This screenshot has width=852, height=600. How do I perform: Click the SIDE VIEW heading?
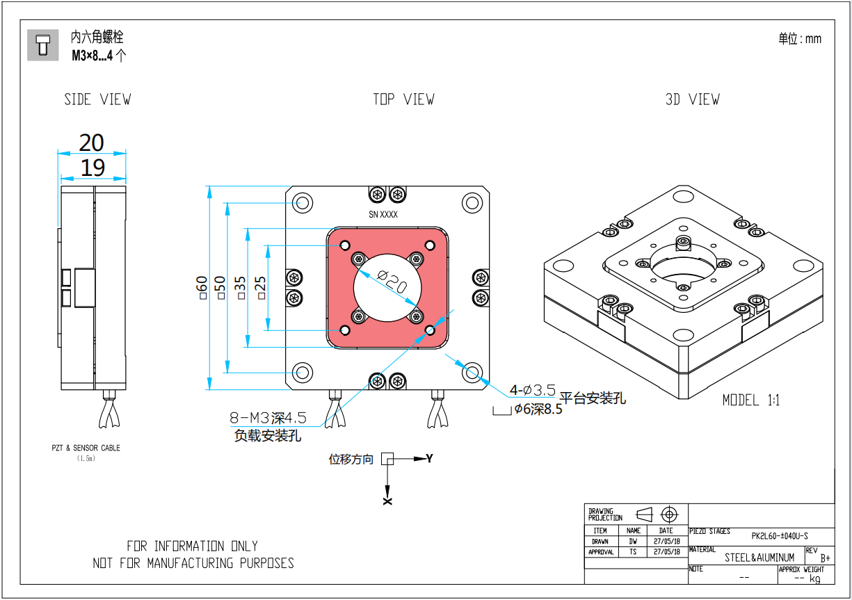(x=97, y=99)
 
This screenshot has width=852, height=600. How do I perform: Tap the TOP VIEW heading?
(x=403, y=99)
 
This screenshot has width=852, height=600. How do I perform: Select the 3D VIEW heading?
(x=692, y=99)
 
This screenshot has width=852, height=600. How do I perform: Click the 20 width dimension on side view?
(x=91, y=143)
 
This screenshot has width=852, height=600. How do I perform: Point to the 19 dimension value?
(x=92, y=168)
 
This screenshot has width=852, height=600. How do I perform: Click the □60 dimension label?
(x=202, y=287)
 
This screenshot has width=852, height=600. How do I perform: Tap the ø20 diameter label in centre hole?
(x=392, y=282)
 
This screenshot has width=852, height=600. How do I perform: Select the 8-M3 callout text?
(x=268, y=419)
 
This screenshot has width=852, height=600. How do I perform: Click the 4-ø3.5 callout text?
(x=533, y=390)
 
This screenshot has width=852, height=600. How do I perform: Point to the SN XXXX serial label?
(x=383, y=215)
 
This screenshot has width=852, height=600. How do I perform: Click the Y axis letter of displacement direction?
(x=429, y=459)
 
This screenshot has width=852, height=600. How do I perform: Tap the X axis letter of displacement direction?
(x=387, y=501)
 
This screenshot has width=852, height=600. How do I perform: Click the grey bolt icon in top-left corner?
(x=43, y=45)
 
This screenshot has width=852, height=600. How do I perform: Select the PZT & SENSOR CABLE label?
(x=86, y=448)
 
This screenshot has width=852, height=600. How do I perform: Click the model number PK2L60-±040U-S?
(x=780, y=536)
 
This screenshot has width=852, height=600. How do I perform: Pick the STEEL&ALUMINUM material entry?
(x=759, y=558)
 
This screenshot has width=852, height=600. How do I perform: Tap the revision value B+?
(x=826, y=558)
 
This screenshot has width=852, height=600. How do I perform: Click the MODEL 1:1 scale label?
(x=751, y=400)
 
